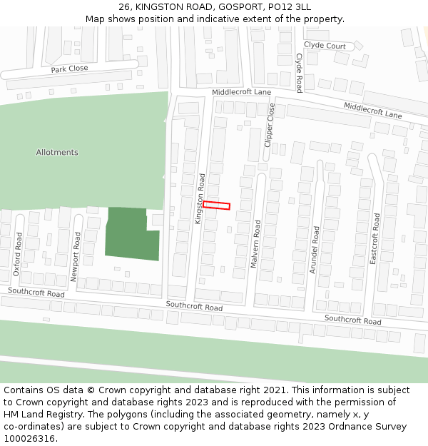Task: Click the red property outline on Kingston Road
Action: click(x=216, y=206)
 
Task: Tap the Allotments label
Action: click(x=57, y=152)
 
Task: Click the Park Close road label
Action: click(x=69, y=69)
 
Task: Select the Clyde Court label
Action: click(x=325, y=46)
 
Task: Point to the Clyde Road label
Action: click(x=299, y=72)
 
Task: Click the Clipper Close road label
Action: click(x=270, y=125)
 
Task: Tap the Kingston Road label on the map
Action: click(x=200, y=198)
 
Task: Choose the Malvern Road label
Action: click(x=255, y=244)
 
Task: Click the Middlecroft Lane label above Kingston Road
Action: click(x=241, y=93)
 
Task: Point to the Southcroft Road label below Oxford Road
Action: click(x=36, y=293)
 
